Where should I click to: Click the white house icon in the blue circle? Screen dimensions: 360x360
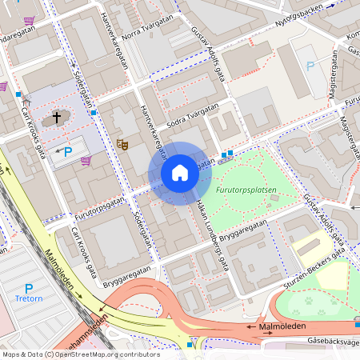[180, 173]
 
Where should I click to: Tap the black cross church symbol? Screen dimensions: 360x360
[57, 118]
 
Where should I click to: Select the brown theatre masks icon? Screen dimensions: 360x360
[122, 144]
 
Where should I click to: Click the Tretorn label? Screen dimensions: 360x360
[29, 302]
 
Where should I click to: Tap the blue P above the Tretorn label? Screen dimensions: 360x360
[29, 289]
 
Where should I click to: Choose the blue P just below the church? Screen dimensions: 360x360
[68, 150]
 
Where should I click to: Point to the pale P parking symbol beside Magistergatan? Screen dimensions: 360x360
[311, 65]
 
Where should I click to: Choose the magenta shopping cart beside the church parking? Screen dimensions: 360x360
[86, 160]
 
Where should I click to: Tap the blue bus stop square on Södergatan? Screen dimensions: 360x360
[94, 113]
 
